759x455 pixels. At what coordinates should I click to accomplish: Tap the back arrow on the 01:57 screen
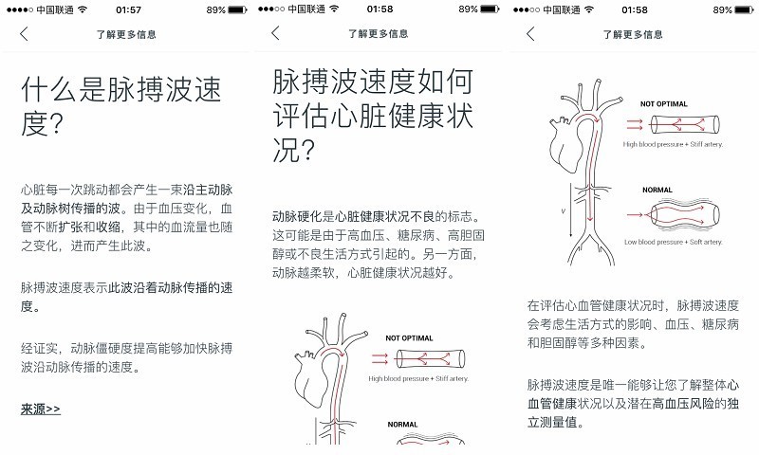(x=24, y=34)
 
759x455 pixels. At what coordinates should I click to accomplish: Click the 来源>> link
(x=40, y=409)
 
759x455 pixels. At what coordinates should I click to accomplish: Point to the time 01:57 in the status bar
(x=124, y=9)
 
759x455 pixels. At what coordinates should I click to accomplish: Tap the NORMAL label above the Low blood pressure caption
(x=657, y=190)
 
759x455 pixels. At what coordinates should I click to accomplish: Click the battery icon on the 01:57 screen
(x=238, y=9)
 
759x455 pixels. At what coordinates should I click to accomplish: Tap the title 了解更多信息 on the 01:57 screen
(x=126, y=34)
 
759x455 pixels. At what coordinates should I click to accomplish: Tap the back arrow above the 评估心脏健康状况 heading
(x=275, y=33)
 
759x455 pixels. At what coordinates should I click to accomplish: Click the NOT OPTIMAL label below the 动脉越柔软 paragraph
(x=409, y=337)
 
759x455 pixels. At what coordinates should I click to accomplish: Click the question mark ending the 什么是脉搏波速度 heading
(x=55, y=125)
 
